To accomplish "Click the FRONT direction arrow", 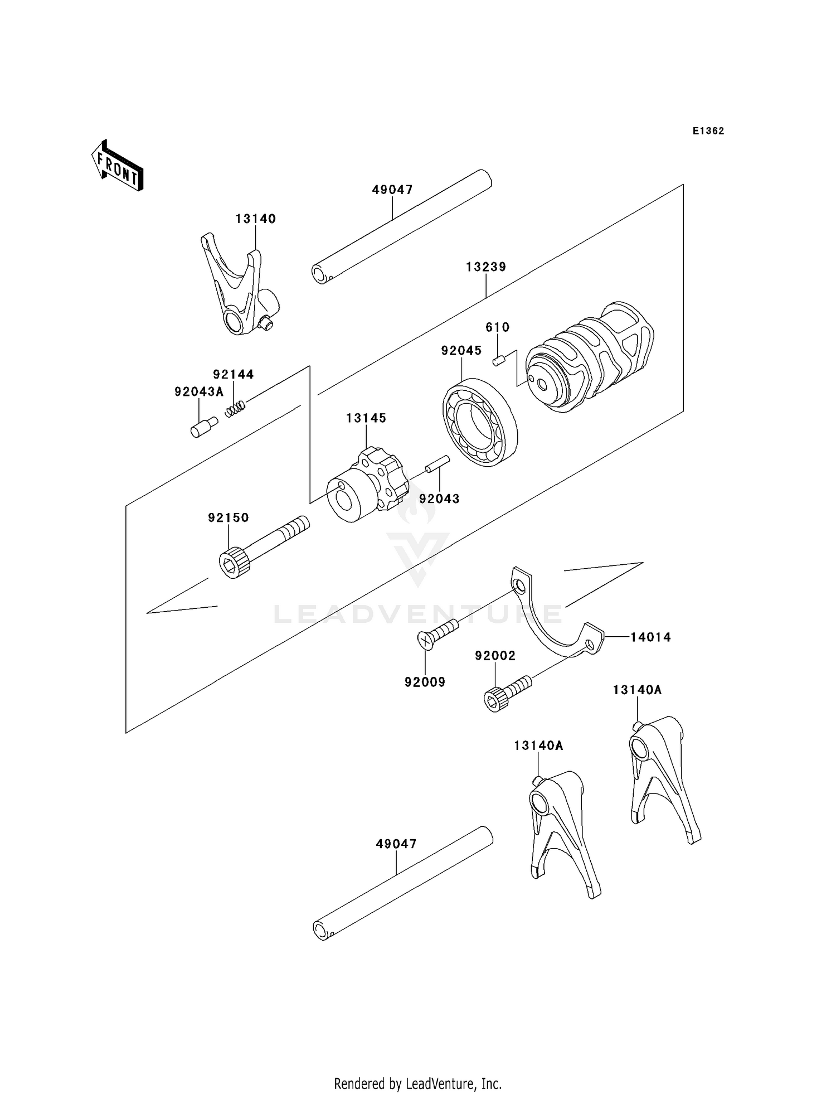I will (x=118, y=166).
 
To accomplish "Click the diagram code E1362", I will (x=708, y=131).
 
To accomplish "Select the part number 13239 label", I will (x=486, y=267).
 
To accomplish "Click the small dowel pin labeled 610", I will (x=498, y=361).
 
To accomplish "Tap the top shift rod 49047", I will (x=401, y=227).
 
